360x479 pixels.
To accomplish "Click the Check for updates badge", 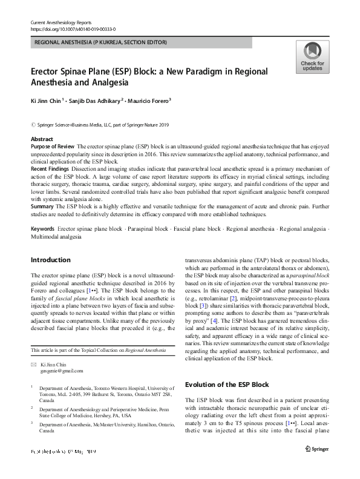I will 312,57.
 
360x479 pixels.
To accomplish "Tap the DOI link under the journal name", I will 73,29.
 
